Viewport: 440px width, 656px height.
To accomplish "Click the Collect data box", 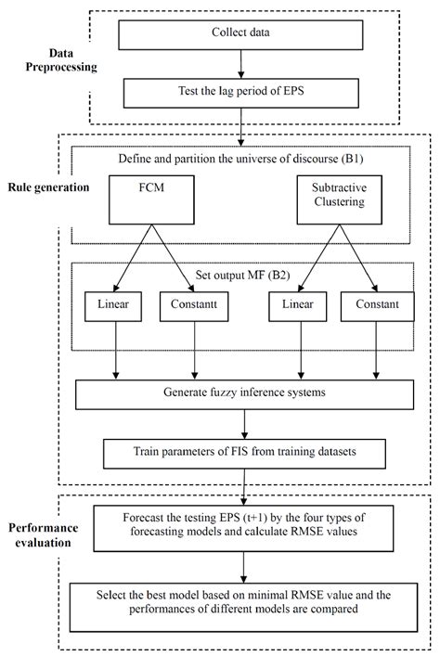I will point(239,35).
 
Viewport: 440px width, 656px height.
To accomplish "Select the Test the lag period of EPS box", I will point(239,94).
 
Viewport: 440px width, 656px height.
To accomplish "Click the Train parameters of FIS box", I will point(245,455).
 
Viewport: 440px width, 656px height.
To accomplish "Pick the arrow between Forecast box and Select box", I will point(244,568).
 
